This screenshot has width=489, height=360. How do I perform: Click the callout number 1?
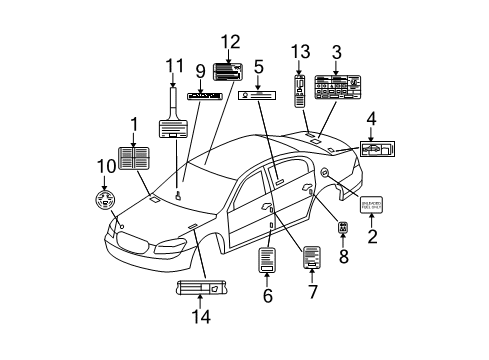pyautogui.click(x=131, y=124)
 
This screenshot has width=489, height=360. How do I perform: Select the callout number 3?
pyautogui.click(x=336, y=52)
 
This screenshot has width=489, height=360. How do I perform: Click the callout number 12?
pyautogui.click(x=231, y=42)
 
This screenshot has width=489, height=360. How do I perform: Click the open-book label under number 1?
pyautogui.click(x=133, y=159)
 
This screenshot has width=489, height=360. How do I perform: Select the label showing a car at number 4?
pyautogui.click(x=374, y=149)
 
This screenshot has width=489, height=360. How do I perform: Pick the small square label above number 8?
pyautogui.click(x=343, y=229)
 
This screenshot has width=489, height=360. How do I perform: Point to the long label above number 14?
pyautogui.click(x=197, y=290)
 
